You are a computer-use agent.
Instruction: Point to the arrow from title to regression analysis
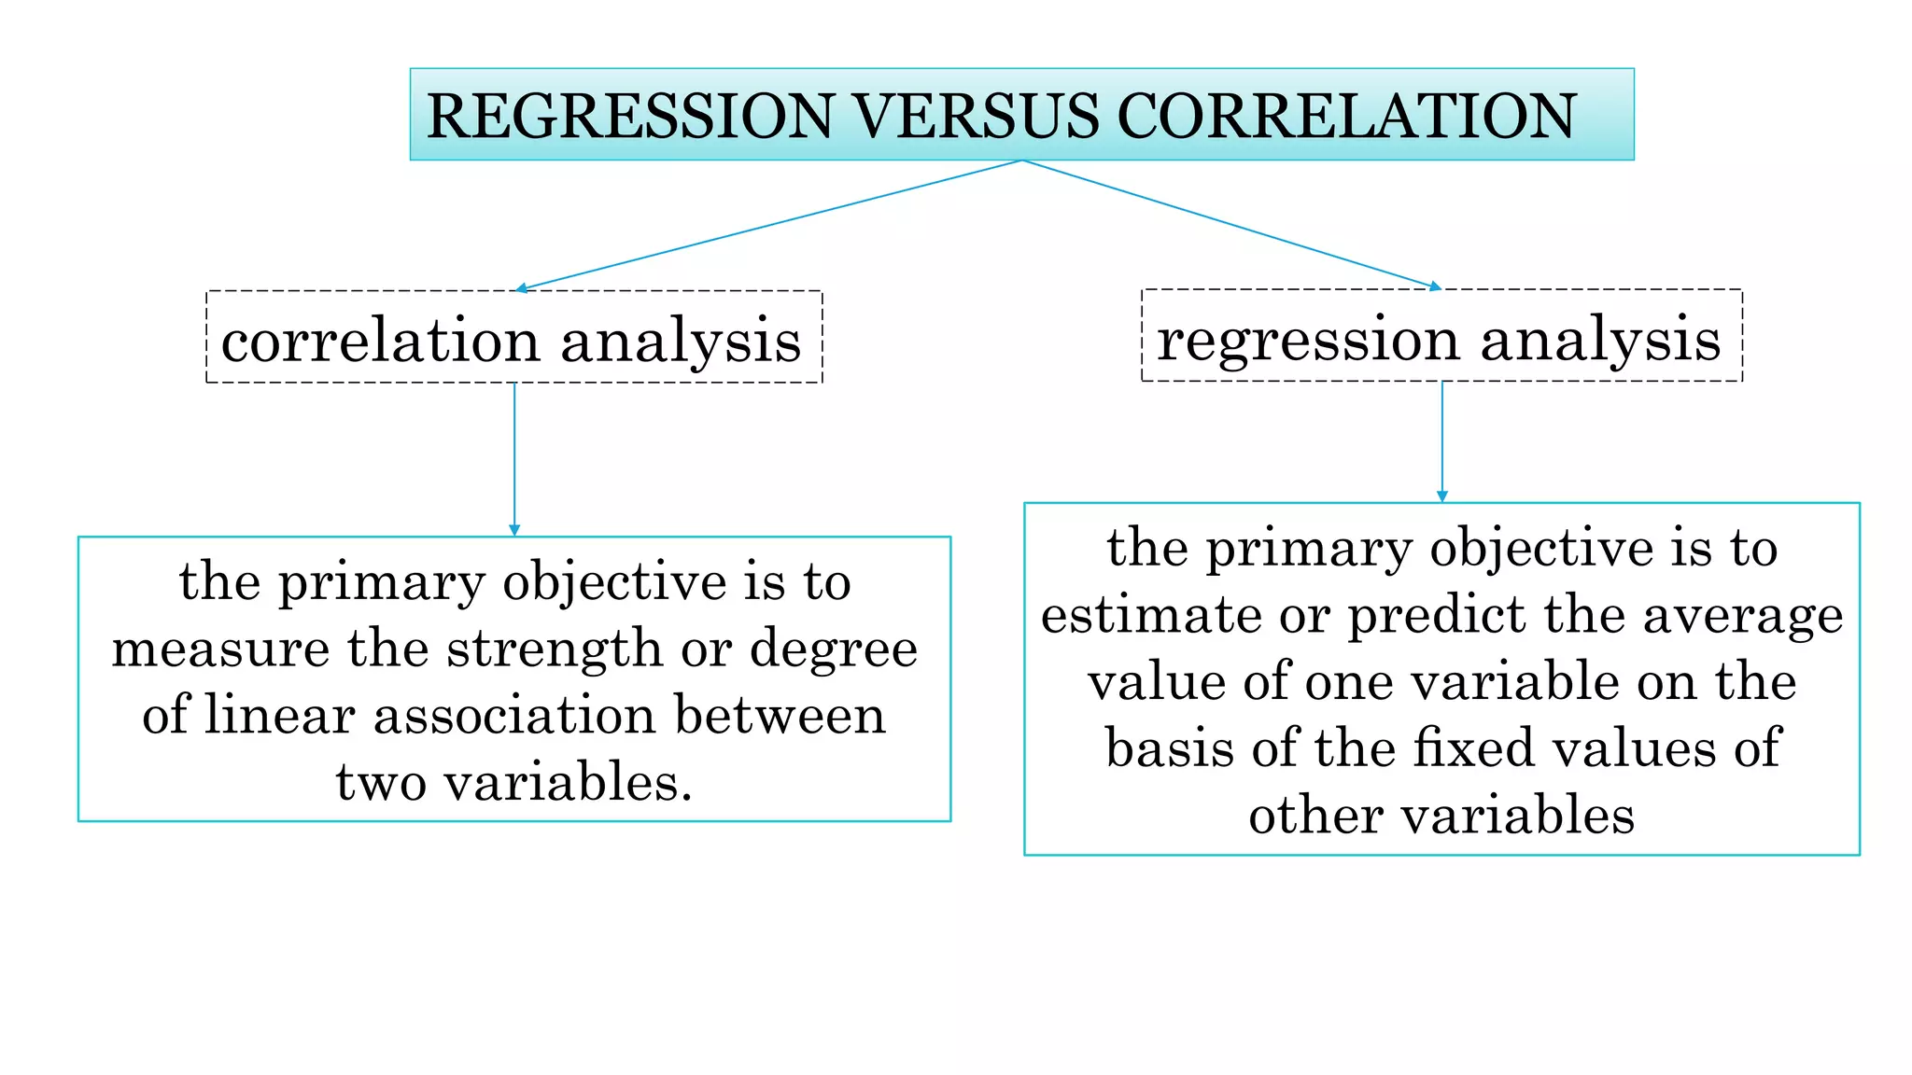coord(1232,225)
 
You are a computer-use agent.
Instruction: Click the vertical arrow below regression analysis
coord(1442,441)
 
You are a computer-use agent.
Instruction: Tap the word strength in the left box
coord(555,649)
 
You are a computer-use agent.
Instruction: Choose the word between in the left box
coord(780,716)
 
